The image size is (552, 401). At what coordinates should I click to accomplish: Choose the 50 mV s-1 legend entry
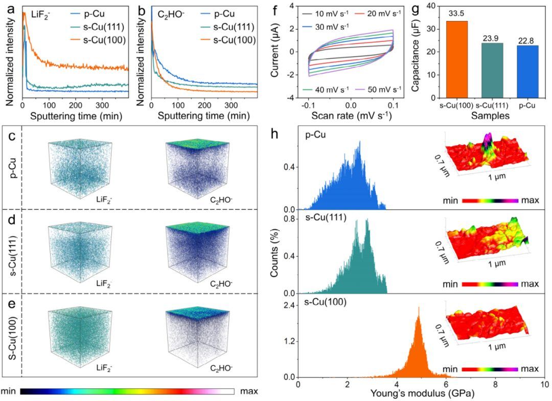pos(372,89)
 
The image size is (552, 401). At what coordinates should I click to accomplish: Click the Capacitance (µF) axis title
pos(422,51)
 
